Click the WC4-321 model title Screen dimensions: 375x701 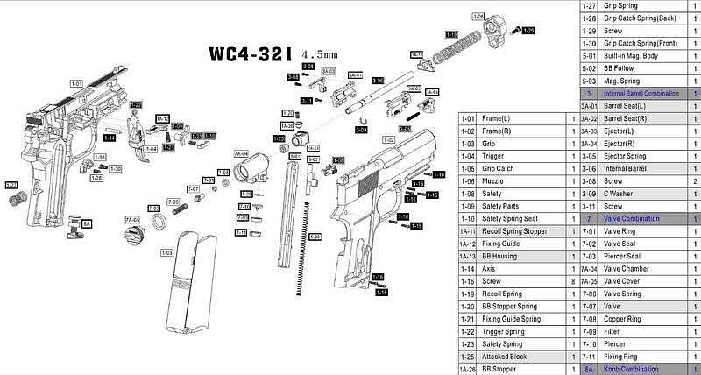point(251,53)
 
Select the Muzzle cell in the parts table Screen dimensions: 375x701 point(496,180)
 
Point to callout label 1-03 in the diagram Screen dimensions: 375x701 point(166,252)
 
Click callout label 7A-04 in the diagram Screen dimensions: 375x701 point(241,153)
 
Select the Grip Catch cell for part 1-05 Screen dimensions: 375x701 point(500,168)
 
